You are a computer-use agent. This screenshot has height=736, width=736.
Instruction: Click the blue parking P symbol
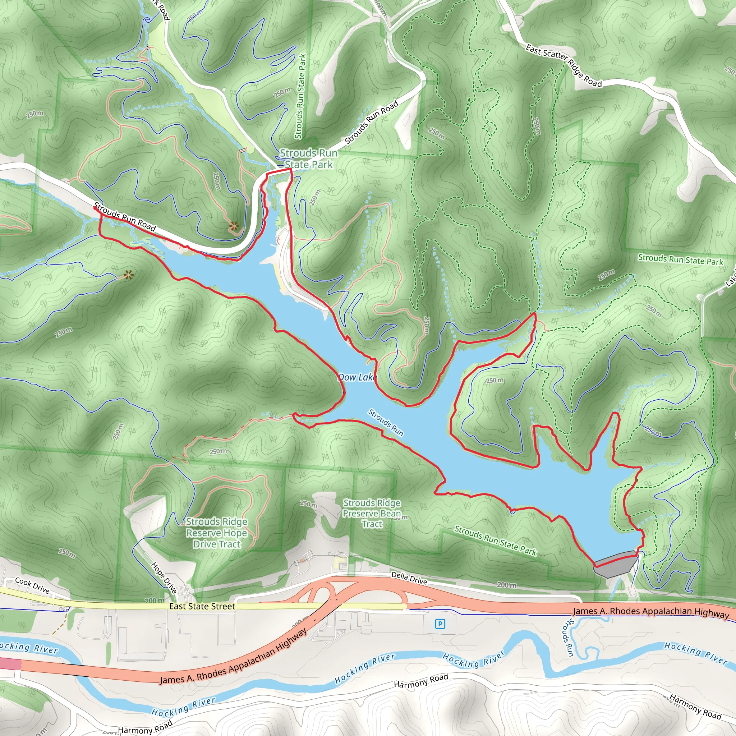[440, 624]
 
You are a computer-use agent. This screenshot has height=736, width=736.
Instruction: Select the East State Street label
[202, 606]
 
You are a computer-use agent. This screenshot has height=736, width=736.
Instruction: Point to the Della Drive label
[409, 578]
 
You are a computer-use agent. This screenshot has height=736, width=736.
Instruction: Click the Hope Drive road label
[164, 578]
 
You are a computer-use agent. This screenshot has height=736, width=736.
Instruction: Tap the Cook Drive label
[32, 585]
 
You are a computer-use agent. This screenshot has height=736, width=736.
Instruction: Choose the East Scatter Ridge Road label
[563, 65]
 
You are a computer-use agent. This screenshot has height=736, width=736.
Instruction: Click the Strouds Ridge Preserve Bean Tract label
[372, 513]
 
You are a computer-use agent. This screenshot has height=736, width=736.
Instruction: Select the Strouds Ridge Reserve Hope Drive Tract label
[217, 533]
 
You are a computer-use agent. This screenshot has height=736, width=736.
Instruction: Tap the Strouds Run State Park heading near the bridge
[309, 158]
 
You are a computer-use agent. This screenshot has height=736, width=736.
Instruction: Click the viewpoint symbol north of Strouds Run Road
[234, 227]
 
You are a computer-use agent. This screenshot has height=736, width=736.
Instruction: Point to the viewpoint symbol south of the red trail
[129, 274]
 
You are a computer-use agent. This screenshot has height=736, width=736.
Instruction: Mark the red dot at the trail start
[95, 208]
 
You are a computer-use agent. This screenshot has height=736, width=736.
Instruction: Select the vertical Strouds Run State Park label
[300, 96]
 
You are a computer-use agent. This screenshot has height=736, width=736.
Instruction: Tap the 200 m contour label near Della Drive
[507, 585]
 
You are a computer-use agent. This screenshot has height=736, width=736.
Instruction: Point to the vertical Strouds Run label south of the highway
[569, 637]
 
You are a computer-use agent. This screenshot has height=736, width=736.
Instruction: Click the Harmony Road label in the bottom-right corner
[695, 707]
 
